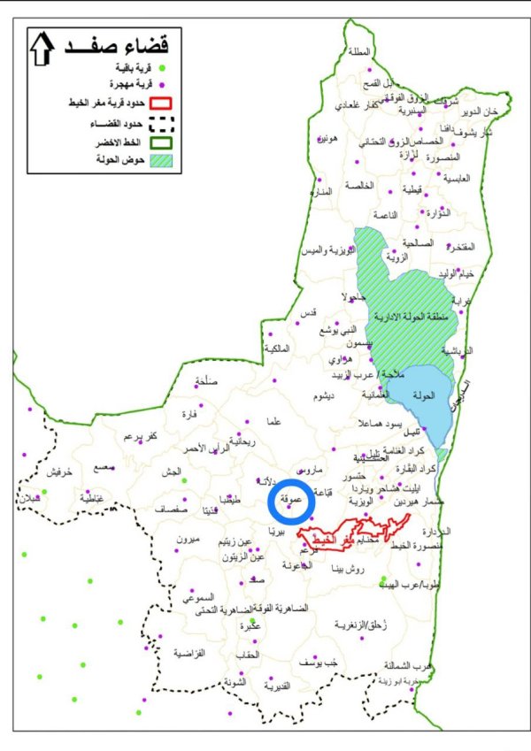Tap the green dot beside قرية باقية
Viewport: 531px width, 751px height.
coord(161,67)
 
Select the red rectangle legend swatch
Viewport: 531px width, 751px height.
coord(161,103)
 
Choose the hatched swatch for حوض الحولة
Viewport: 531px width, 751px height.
coord(161,162)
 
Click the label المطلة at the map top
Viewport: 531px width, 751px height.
coord(359,51)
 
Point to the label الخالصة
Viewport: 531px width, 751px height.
coord(366,186)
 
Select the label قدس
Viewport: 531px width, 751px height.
coord(309,314)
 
